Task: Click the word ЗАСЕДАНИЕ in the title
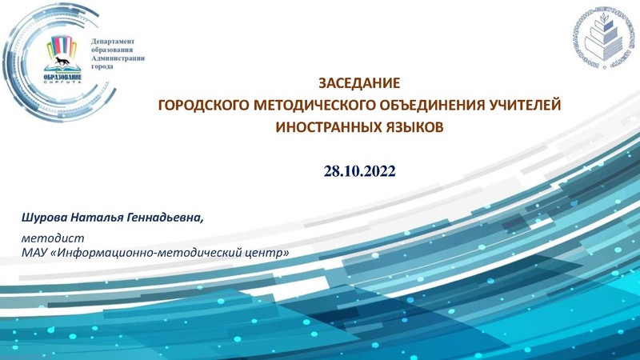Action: pos(358,82)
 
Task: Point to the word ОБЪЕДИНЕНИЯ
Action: pos(419,105)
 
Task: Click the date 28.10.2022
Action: pos(359,171)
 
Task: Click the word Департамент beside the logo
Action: pos(113,41)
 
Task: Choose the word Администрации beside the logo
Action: pos(117,58)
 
